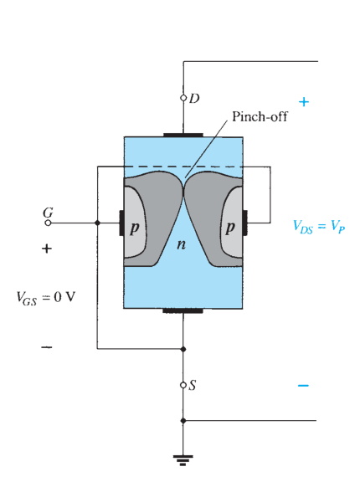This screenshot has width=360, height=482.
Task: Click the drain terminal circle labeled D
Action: pyautogui.click(x=183, y=98)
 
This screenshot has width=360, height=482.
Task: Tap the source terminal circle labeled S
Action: pyautogui.click(x=183, y=385)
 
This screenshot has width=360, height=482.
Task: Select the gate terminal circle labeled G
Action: pyautogui.click(x=48, y=223)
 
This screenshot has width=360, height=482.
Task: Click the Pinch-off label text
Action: pyautogui.click(x=260, y=117)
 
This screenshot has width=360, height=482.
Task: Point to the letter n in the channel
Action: pyautogui.click(x=182, y=244)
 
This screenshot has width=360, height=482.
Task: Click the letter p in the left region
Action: pyautogui.click(x=135, y=228)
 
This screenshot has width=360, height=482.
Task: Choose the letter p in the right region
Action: pyautogui.click(x=230, y=228)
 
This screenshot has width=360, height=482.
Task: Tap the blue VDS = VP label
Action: pyautogui.click(x=319, y=227)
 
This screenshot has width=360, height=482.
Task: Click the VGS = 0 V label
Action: pyautogui.click(x=46, y=298)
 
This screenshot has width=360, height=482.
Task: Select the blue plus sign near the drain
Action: pyautogui.click(x=304, y=102)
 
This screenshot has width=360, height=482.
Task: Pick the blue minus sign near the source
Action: pyautogui.click(x=303, y=386)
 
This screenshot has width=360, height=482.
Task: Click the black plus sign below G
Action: pyautogui.click(x=47, y=249)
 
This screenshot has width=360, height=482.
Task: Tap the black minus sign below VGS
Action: pyautogui.click(x=47, y=347)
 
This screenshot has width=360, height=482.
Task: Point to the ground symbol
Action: pyautogui.click(x=183, y=460)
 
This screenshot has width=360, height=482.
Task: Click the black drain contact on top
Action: pyautogui.click(x=183, y=135)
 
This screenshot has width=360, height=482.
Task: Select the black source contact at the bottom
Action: pyautogui.click(x=183, y=310)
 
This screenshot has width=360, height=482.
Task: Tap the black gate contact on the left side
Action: pyautogui.click(x=121, y=223)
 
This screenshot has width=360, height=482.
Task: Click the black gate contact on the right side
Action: pyautogui.click(x=245, y=223)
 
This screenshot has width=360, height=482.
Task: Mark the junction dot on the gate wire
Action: pyautogui.click(x=97, y=223)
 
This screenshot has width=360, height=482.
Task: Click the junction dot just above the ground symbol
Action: pyautogui.click(x=183, y=421)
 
